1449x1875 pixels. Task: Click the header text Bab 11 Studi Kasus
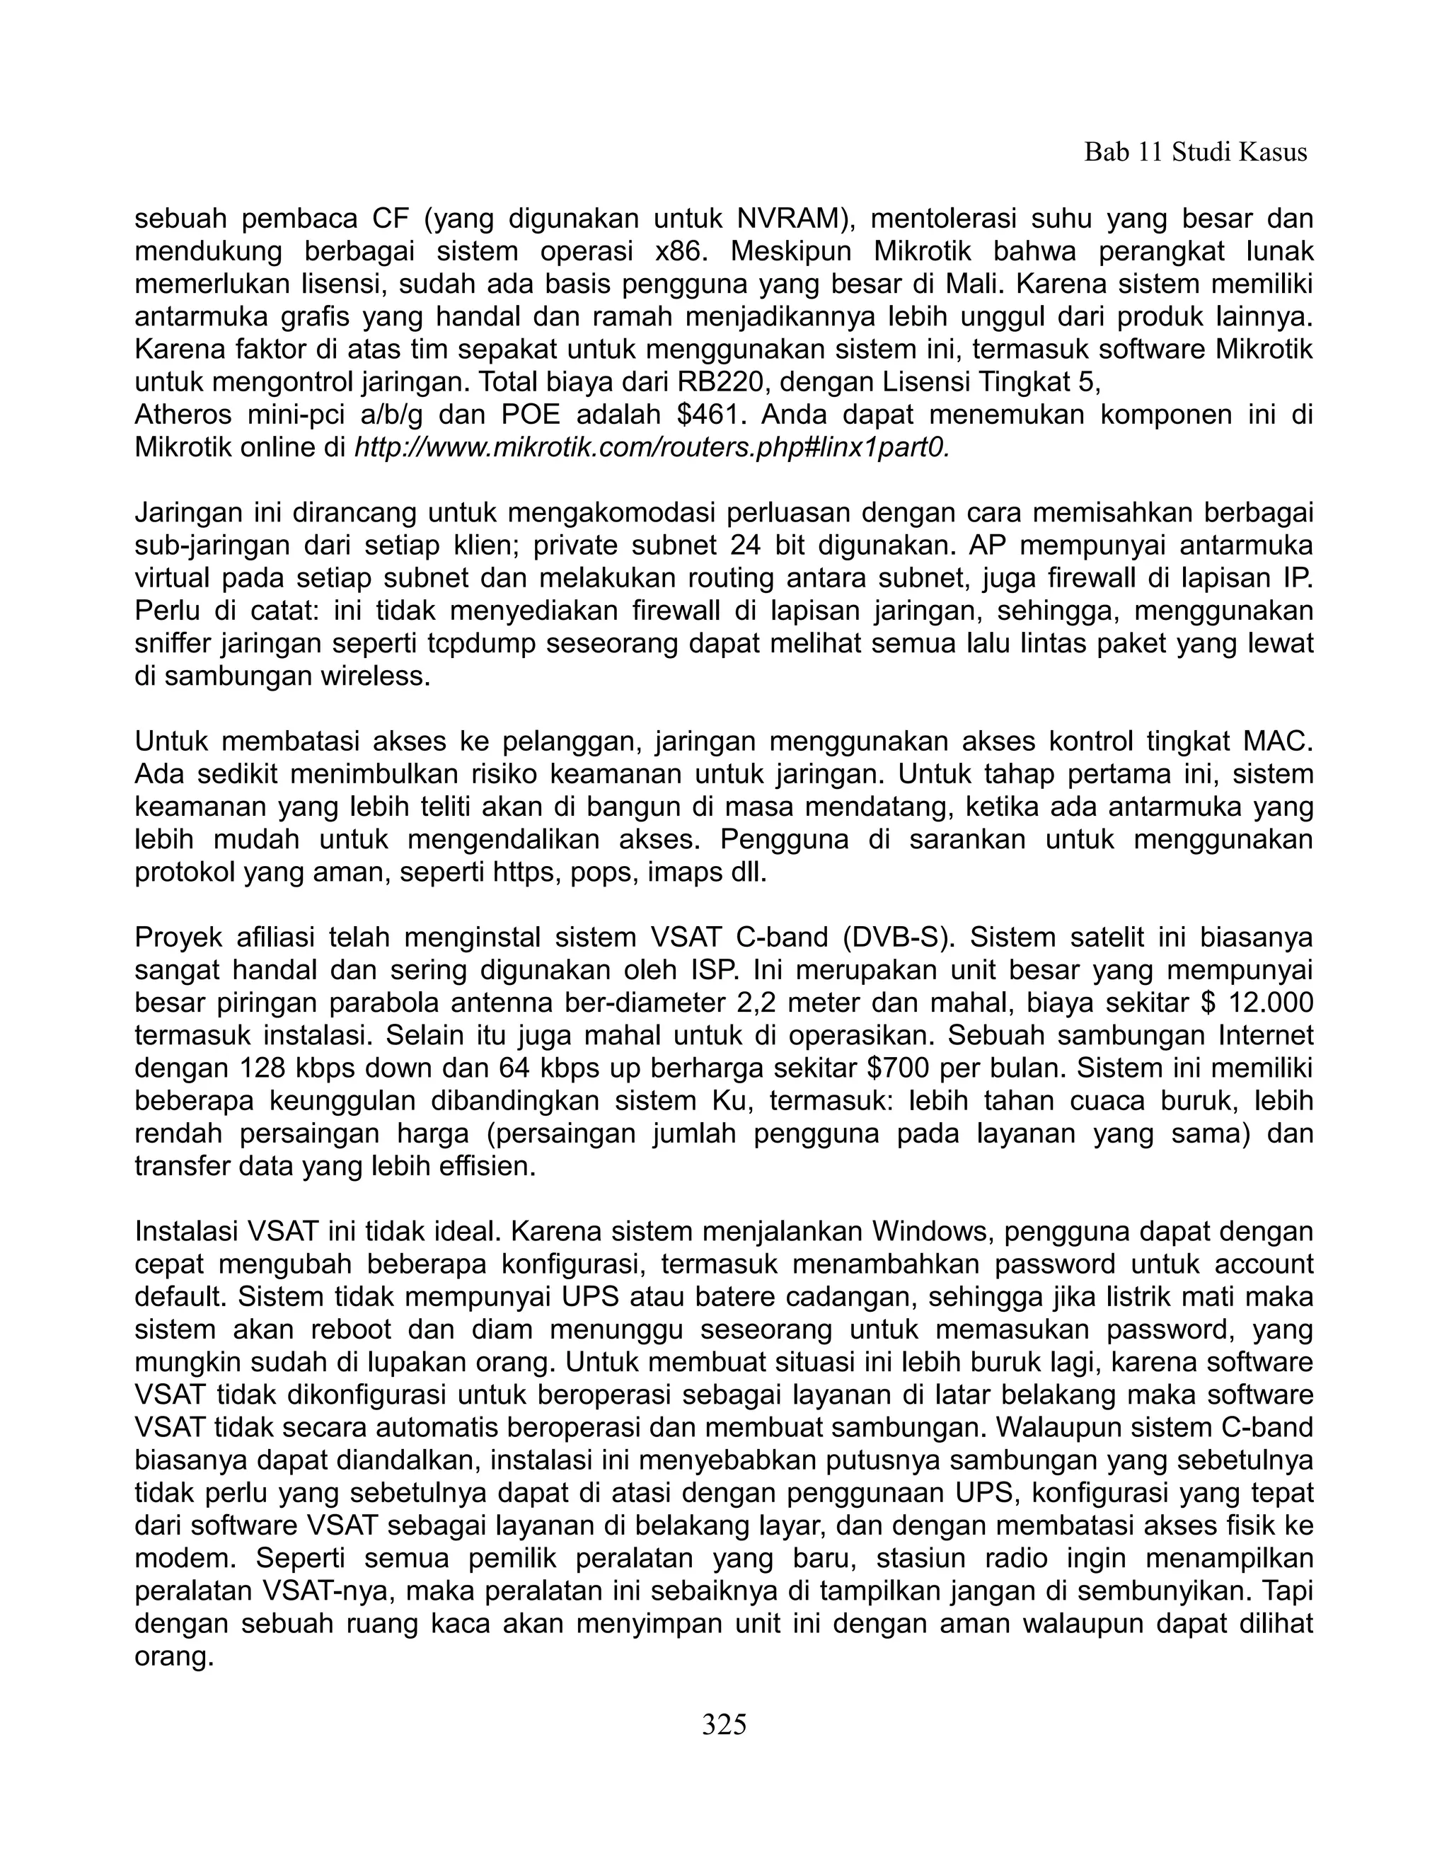point(1195,153)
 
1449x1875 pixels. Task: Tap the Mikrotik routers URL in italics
point(652,448)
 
